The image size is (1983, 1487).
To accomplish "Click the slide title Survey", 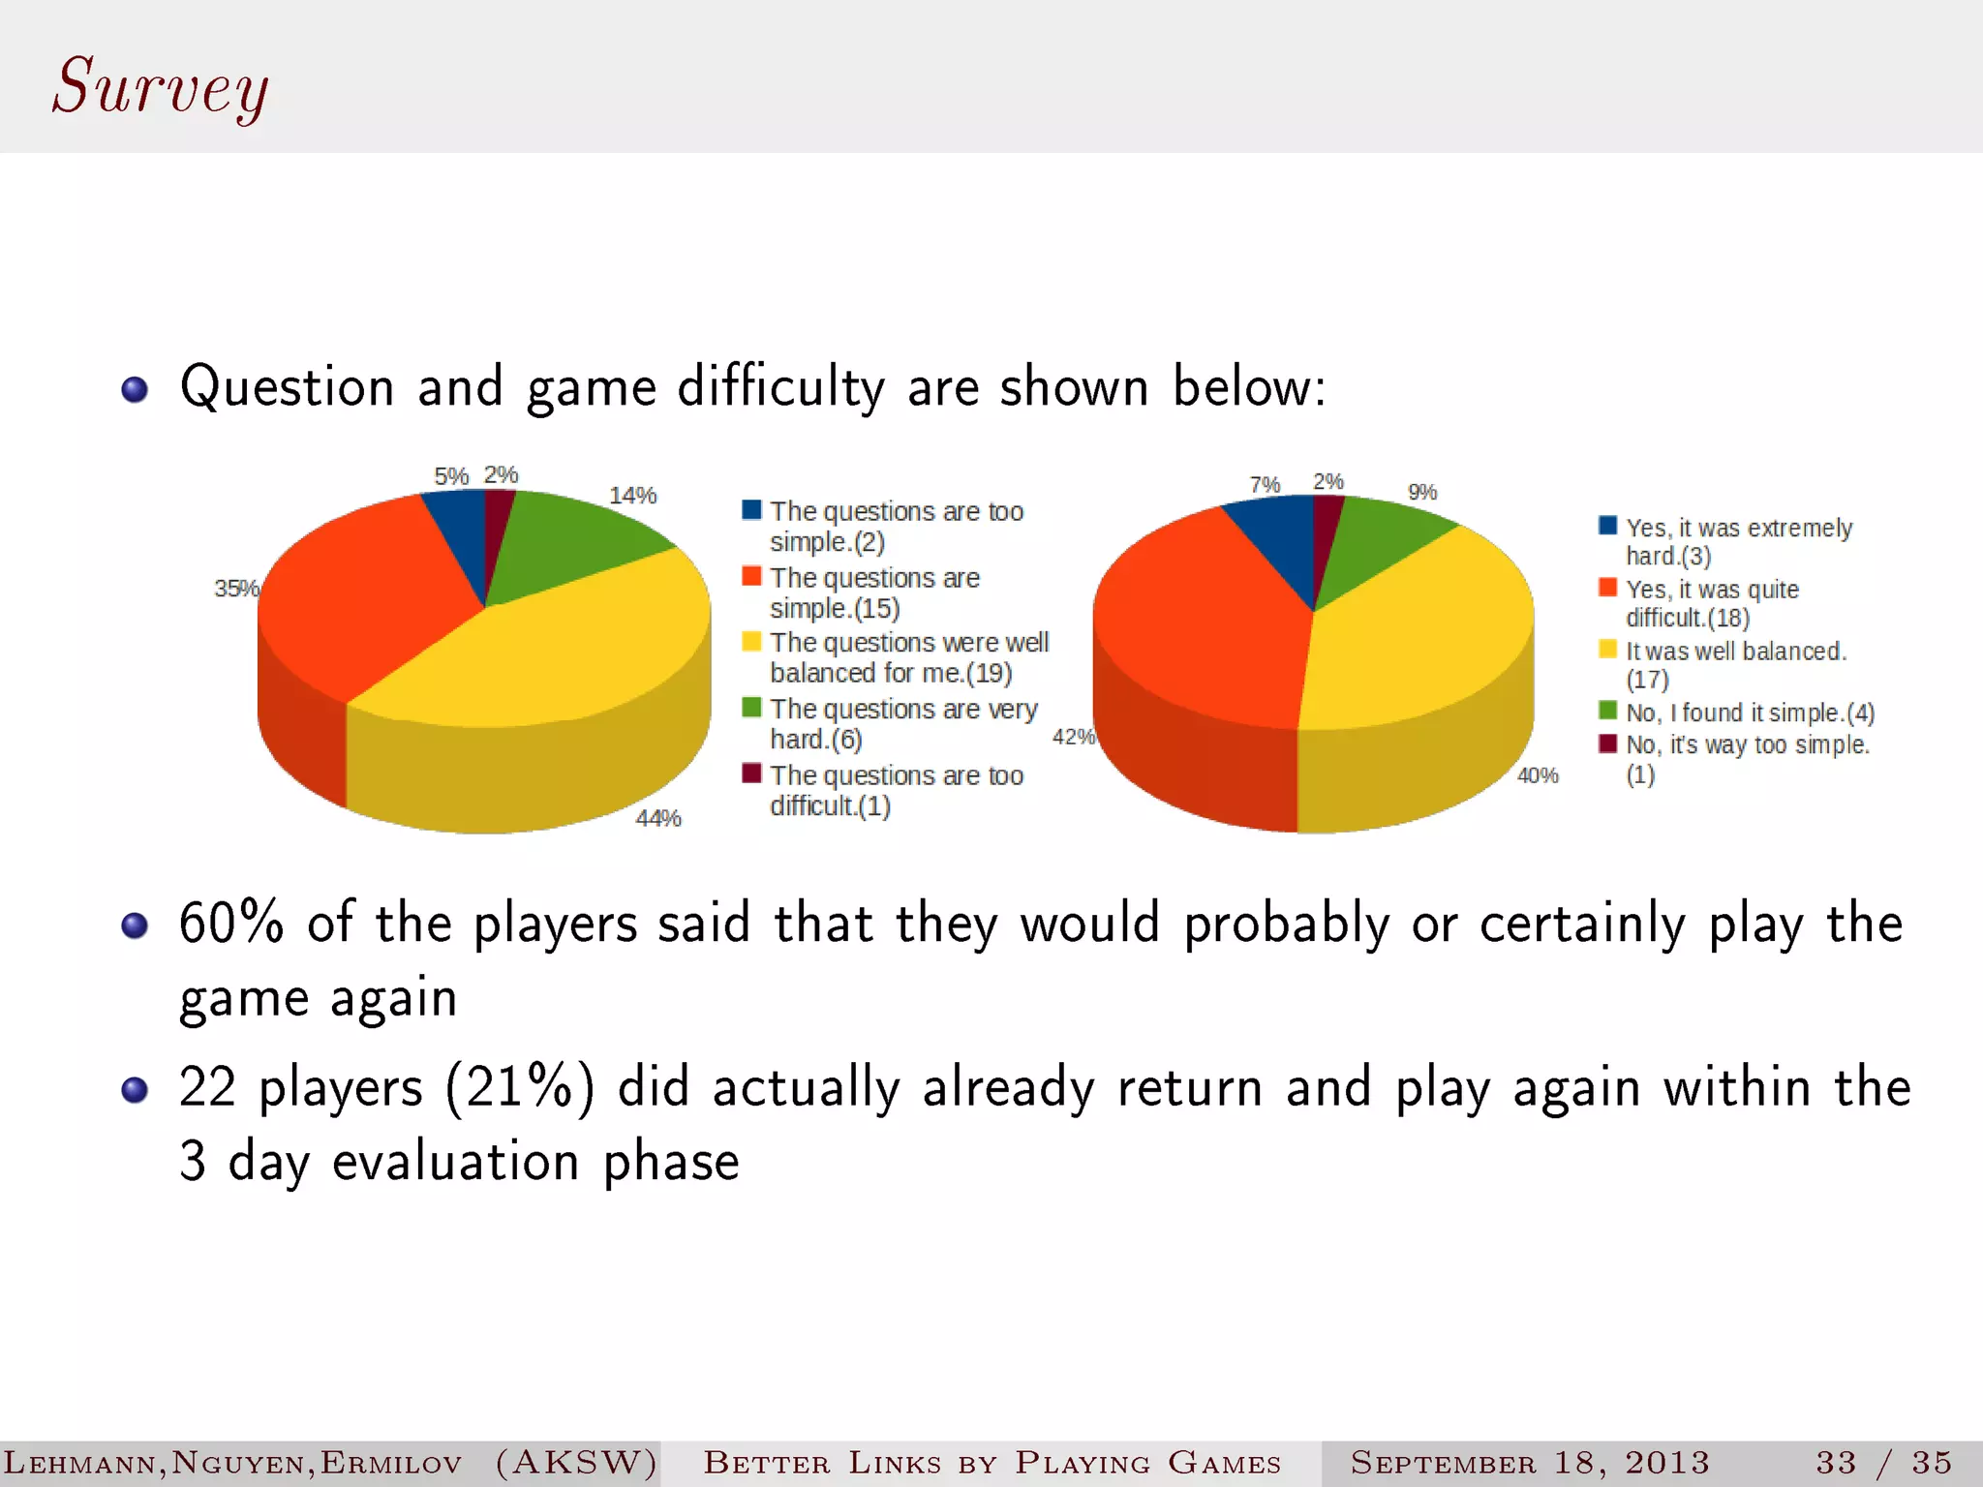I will point(161,88).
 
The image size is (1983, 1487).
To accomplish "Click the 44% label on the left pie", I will point(658,819).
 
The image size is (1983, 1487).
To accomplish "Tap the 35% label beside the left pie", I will point(235,589).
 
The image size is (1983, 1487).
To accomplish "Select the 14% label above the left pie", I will point(632,496).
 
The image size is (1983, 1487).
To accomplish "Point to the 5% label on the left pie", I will point(450,476).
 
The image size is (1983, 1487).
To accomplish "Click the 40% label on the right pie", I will point(1538,775).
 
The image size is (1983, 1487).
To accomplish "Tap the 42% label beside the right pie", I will point(1073,737).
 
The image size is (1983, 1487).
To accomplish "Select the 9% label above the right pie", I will point(1421,492).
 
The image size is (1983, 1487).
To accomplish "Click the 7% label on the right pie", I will point(1265,484).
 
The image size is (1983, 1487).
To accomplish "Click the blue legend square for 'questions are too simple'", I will point(751,510).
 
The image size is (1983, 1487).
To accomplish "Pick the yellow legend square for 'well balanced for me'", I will point(751,642).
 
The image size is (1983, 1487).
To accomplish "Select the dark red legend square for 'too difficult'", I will point(751,774).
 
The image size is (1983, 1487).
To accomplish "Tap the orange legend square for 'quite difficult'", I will point(1607,588).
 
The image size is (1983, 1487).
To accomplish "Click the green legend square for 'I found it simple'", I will point(1607,711).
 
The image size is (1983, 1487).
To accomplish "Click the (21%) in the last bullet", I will point(520,1087).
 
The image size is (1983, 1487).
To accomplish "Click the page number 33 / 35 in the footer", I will point(1883,1462).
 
